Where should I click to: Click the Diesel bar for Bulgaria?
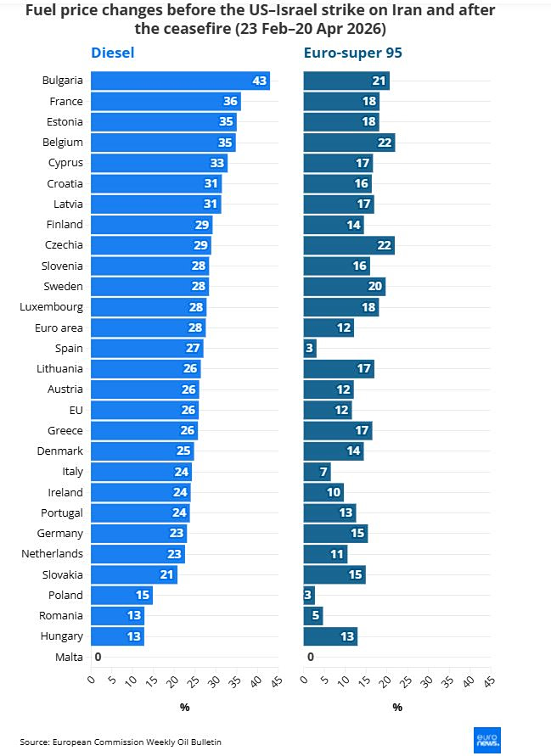click(180, 81)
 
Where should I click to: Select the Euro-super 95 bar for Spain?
click(310, 348)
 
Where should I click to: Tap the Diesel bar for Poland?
click(121, 595)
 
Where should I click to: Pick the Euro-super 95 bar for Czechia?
click(349, 245)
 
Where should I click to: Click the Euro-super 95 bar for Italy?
click(317, 472)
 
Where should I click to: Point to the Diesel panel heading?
click(113, 53)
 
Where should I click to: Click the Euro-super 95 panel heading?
click(353, 53)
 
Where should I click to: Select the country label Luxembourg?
click(51, 306)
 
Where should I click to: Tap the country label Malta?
click(69, 657)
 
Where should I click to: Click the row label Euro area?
click(59, 328)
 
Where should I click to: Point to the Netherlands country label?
click(52, 554)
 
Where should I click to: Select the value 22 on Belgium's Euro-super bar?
click(385, 143)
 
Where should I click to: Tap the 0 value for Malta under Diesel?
click(98, 657)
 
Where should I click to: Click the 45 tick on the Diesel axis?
click(275, 682)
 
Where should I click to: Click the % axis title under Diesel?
click(184, 708)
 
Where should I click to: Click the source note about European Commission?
click(121, 742)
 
